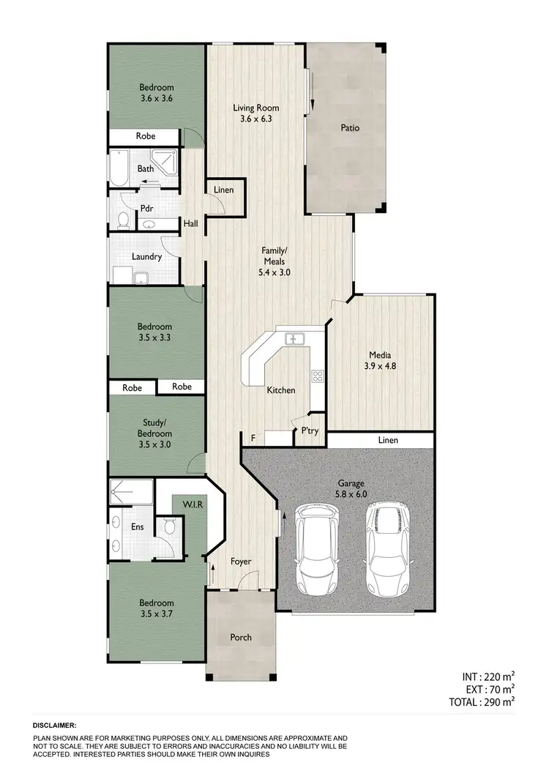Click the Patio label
point(350,128)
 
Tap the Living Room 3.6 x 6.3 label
point(256,113)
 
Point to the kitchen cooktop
point(318,377)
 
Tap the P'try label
point(308,433)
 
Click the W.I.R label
point(192,504)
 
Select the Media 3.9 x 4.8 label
point(381,360)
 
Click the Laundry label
point(146,257)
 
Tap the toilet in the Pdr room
point(124,220)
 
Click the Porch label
point(241,638)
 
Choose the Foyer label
point(241,562)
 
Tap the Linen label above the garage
point(389,440)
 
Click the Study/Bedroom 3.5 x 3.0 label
point(154,428)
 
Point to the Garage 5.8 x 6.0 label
point(351,488)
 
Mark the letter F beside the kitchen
point(253,439)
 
